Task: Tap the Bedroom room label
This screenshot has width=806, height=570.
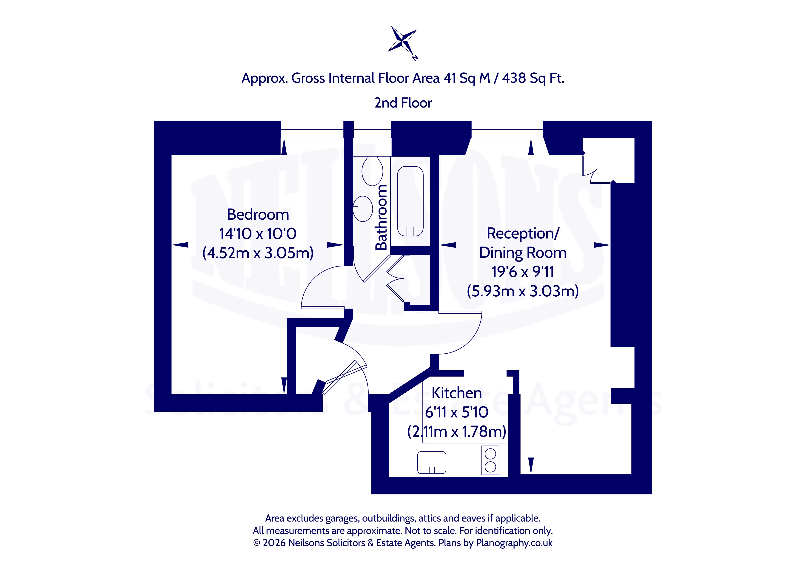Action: pyautogui.click(x=258, y=214)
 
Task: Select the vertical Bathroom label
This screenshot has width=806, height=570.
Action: pyautogui.click(x=381, y=217)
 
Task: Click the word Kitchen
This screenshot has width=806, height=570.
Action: pyautogui.click(x=456, y=393)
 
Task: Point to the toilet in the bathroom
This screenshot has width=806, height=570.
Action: pyautogui.click(x=373, y=171)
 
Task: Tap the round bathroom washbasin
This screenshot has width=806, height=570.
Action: pyautogui.click(x=363, y=209)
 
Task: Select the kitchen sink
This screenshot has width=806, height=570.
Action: pyautogui.click(x=431, y=463)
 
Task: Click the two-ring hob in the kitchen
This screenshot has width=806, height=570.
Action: pyautogui.click(x=490, y=460)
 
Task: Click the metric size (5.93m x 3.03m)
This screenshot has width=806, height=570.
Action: pyautogui.click(x=523, y=291)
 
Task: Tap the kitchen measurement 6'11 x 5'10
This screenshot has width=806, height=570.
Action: pyautogui.click(x=456, y=412)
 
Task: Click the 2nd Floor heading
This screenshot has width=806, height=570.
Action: pyautogui.click(x=403, y=103)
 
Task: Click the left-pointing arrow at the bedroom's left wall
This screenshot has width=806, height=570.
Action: pyautogui.click(x=180, y=245)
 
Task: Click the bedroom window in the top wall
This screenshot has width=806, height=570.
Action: pyautogui.click(x=312, y=130)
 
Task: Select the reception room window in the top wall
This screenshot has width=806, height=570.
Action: pyautogui.click(x=507, y=130)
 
